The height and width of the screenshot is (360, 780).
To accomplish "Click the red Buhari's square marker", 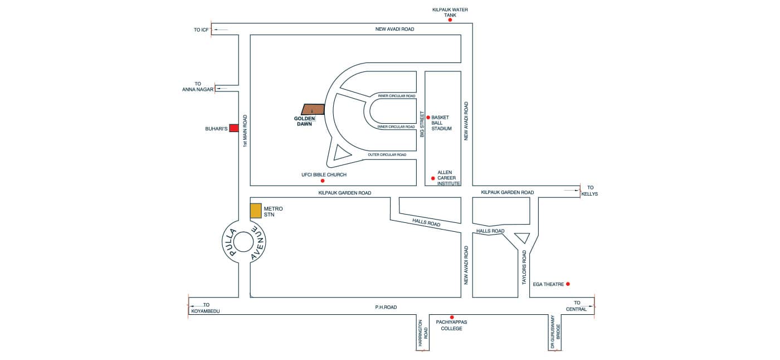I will pyautogui.click(x=234, y=128).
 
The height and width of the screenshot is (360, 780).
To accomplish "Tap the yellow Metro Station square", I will pyautogui.click(x=256, y=211).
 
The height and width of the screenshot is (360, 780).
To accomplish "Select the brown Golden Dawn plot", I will pyautogui.click(x=313, y=109).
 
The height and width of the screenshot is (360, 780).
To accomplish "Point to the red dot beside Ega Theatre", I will pyautogui.click(x=568, y=284).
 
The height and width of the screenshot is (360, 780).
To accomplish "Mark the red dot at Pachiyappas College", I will pyautogui.click(x=452, y=317).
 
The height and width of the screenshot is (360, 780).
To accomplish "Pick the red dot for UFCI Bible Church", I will pyautogui.click(x=322, y=181).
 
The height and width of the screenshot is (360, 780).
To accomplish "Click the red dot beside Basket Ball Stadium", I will pyautogui.click(x=428, y=117).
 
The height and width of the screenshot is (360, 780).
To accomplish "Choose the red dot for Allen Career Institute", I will pyautogui.click(x=433, y=178).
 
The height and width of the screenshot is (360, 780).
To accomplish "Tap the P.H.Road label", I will pyautogui.click(x=386, y=308).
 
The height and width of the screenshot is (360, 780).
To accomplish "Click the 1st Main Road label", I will pyautogui.click(x=245, y=131).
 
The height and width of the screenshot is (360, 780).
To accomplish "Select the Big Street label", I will pyautogui.click(x=422, y=124).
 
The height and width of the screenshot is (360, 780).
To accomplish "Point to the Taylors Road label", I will pyautogui.click(x=524, y=267).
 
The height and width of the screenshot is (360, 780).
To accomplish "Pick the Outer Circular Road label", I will pyautogui.click(x=387, y=154).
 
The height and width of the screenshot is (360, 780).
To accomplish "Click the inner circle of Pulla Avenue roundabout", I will pyautogui.click(x=243, y=242).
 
